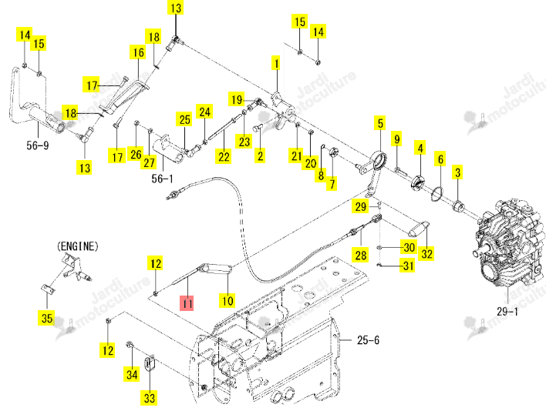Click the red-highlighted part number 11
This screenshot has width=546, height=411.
tap(187, 303)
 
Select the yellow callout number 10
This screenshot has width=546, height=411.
tap(228, 300)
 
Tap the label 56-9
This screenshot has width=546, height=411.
tap(38, 145)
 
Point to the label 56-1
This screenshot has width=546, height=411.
tap(162, 179)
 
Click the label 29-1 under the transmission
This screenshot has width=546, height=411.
tap(507, 311)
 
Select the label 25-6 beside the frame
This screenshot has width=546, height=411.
tap(368, 339)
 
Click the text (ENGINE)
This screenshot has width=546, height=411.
tap(77, 246)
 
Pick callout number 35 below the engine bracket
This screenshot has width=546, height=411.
tap(47, 318)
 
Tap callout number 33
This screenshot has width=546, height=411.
tap(150, 397)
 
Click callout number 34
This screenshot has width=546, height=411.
tap(132, 374)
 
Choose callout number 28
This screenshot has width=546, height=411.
tap(361, 255)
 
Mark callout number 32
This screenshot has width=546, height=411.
tap(427, 253)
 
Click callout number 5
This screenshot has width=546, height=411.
tap(380, 123)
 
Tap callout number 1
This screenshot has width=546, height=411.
tap(276, 64)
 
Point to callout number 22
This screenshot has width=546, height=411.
tap(224, 156)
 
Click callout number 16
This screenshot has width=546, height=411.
tap(138, 52)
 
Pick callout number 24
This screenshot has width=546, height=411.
tap(204, 112)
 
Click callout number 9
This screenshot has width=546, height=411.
tap(396, 139)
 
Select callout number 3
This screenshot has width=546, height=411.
tap(457, 172)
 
